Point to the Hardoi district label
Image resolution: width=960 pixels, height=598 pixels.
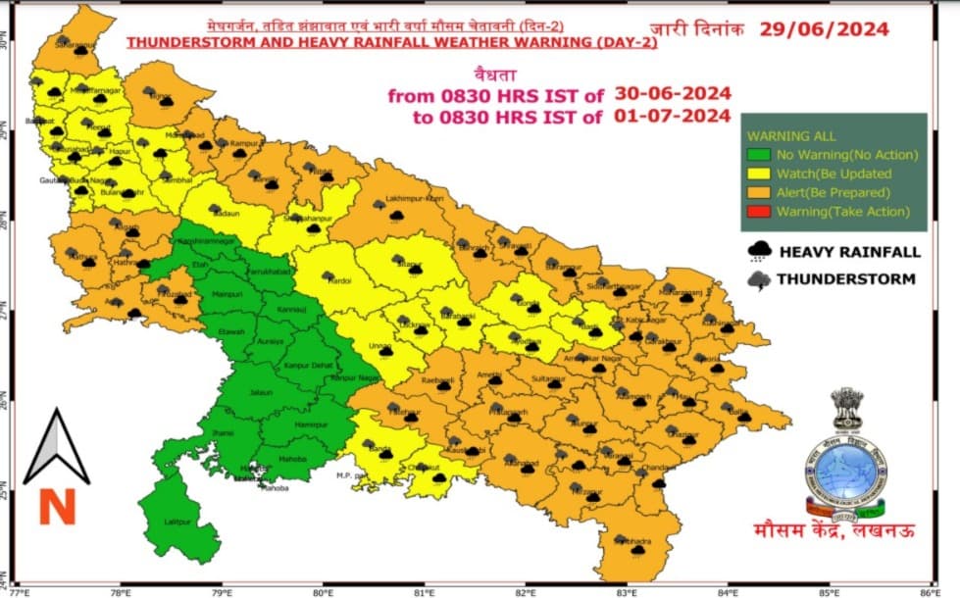click(x=339, y=280)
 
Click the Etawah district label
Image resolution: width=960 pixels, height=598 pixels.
click(x=231, y=333)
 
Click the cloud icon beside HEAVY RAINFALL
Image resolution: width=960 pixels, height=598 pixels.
click(x=757, y=251)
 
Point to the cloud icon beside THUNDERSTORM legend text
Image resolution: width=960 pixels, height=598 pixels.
click(x=757, y=279)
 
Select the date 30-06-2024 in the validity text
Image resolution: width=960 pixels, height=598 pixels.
click(x=673, y=94)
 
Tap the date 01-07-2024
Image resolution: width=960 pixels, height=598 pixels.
click(x=673, y=117)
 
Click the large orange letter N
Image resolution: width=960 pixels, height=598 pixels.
click(x=56, y=507)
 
